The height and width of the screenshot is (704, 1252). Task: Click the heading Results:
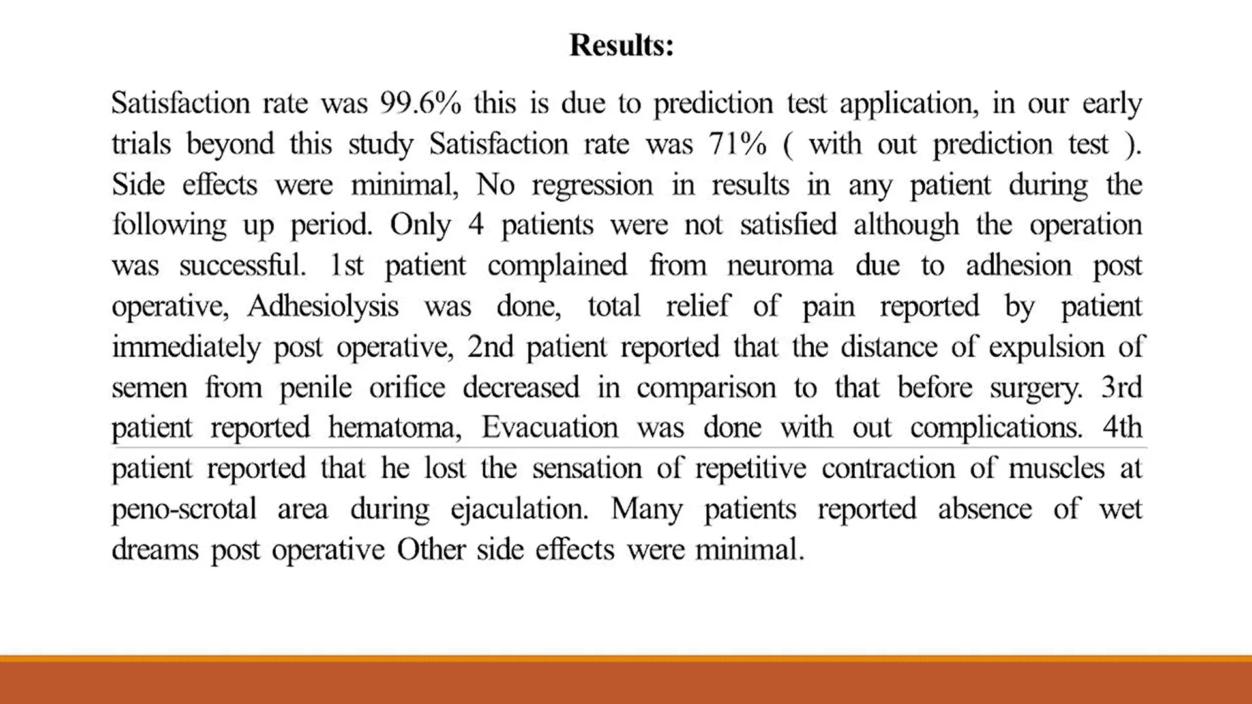pos(621,46)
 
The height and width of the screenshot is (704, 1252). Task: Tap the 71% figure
pos(738,144)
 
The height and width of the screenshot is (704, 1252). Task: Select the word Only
pos(420,226)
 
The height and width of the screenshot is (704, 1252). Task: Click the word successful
pos(242,266)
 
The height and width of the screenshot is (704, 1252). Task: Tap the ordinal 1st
pos(346,266)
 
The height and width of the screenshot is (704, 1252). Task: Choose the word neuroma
pos(780,266)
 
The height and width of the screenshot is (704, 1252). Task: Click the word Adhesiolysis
pos(323,306)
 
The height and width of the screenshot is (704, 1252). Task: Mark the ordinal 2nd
pos(490,347)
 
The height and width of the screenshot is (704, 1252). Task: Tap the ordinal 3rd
pos(1122,387)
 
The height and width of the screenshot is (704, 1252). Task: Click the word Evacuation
pos(550,428)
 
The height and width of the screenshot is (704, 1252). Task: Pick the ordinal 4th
pos(1122,428)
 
